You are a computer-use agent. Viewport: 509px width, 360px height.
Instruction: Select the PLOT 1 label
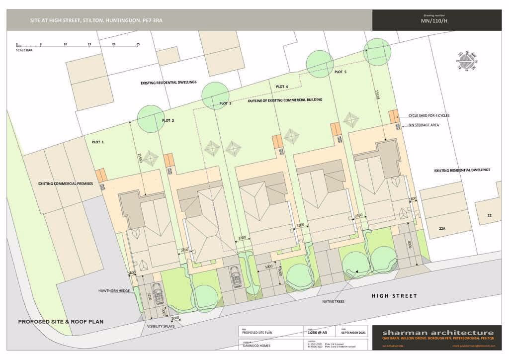(98, 142)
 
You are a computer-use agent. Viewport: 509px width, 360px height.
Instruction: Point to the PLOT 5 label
(340, 72)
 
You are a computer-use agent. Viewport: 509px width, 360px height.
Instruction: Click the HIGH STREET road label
(394, 296)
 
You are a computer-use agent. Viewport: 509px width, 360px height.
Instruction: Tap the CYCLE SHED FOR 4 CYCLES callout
(429, 115)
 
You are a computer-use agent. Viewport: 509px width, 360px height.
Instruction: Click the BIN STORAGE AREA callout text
(424, 125)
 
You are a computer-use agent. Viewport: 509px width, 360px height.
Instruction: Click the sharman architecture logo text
(438, 333)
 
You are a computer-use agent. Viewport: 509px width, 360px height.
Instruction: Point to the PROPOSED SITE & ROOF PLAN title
(61, 322)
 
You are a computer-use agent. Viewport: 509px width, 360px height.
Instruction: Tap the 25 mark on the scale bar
(138, 45)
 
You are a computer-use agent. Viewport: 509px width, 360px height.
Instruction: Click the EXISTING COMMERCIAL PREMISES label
(66, 183)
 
